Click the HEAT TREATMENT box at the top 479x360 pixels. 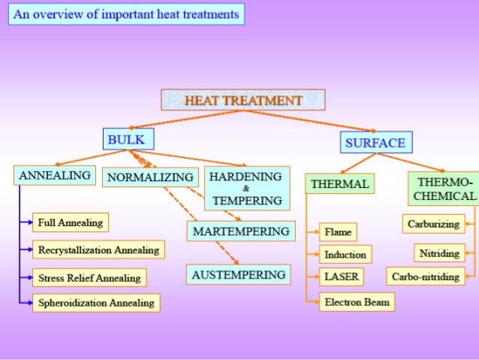click(x=243, y=100)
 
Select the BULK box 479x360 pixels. click(x=128, y=139)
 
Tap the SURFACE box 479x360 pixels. click(x=376, y=143)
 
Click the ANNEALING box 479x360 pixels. click(x=55, y=176)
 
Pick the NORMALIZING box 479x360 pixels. click(x=150, y=177)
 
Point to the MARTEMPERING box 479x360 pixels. click(x=241, y=231)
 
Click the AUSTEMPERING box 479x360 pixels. click(x=239, y=275)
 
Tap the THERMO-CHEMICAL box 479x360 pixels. click(x=445, y=189)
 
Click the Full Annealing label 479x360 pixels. click(x=71, y=222)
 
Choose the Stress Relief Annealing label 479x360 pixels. click(x=89, y=278)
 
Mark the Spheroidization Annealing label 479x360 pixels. click(x=96, y=303)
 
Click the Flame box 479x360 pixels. click(x=337, y=232)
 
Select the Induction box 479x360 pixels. click(x=345, y=255)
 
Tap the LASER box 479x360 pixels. click(x=341, y=277)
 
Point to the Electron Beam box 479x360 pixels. click(x=356, y=303)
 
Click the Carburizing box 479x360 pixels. click(x=433, y=224)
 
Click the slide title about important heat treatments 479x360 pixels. click(x=126, y=15)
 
